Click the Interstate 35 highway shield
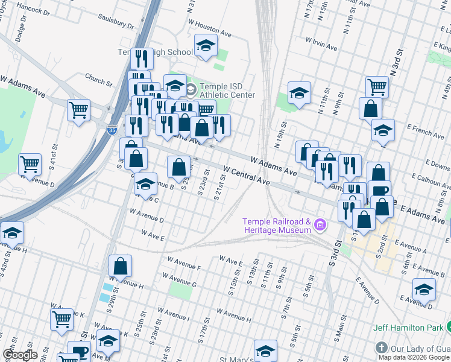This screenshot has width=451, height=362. click(x=112, y=129)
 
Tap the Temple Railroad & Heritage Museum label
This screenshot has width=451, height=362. click(x=277, y=226)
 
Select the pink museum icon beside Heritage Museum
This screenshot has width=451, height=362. click(x=320, y=226)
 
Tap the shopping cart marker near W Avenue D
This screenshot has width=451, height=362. click(x=30, y=164)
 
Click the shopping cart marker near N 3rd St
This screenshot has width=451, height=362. click(x=377, y=87)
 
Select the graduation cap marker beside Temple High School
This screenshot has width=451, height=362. click(x=206, y=45)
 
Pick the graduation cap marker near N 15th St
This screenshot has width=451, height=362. click(x=299, y=92)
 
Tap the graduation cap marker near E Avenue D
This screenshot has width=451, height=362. click(x=424, y=289)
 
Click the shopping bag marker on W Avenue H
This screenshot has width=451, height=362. click(x=121, y=265)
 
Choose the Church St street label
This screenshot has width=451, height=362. click(x=98, y=79)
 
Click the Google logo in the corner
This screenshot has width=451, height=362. click(x=20, y=355)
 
